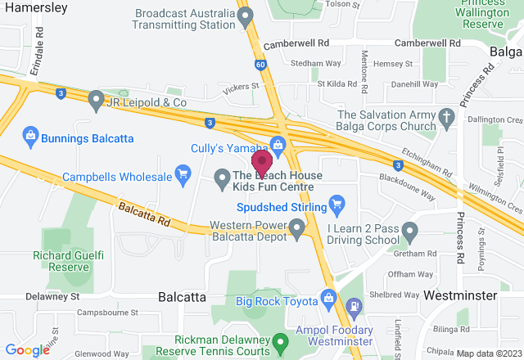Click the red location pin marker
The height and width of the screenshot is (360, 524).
(262, 160)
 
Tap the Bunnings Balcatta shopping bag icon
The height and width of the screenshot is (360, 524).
(29, 133)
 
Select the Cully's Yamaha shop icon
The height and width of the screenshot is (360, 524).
(278, 145)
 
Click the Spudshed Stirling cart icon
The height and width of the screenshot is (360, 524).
(335, 204)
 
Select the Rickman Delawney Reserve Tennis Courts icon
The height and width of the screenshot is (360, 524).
(281, 339)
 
